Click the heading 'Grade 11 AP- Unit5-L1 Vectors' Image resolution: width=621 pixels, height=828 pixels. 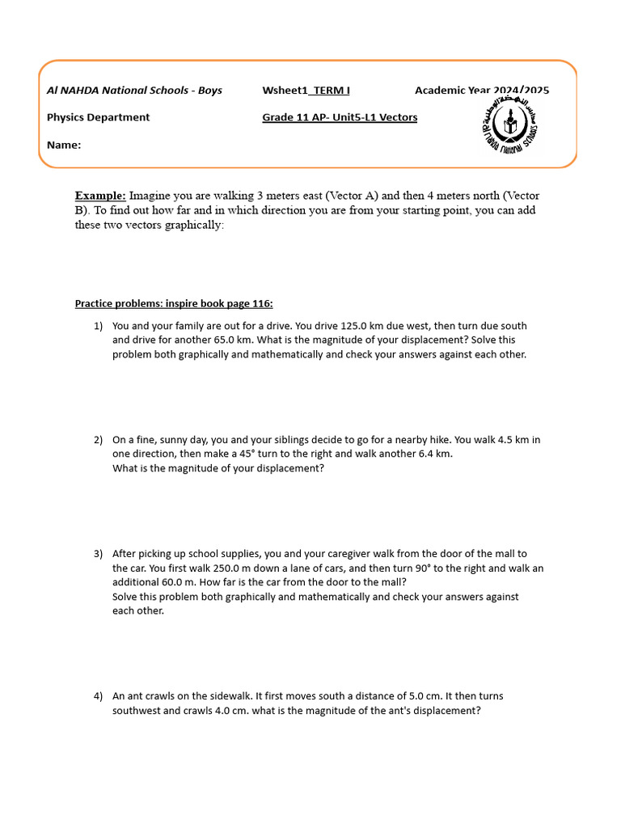(340, 117)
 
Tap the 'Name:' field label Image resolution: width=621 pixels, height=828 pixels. (64, 145)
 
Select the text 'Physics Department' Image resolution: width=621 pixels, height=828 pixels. (98, 117)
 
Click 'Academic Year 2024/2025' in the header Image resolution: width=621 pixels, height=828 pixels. (482, 90)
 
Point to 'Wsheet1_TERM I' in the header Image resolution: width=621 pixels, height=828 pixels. (306, 90)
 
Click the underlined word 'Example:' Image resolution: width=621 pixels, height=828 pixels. (100, 196)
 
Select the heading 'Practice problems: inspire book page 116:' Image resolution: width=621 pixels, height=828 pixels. (174, 303)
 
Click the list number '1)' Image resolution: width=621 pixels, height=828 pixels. (98, 326)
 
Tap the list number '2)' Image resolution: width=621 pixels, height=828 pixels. (98, 440)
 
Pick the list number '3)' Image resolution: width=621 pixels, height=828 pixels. (98, 554)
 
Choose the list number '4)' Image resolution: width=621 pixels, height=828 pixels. (98, 696)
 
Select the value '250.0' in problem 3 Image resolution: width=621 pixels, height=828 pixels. (196, 568)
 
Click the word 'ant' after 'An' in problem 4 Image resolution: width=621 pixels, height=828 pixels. (137, 696)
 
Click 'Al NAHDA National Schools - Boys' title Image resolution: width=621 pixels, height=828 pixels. (134, 90)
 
